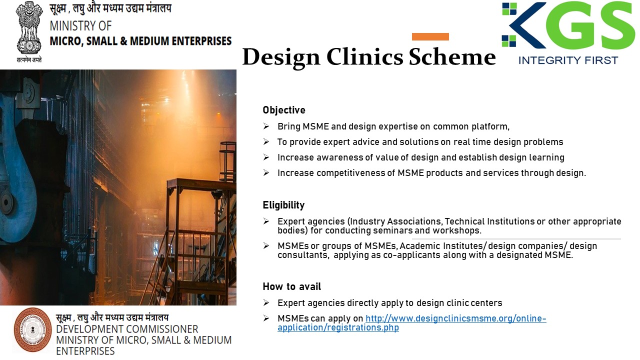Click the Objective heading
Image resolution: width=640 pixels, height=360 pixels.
(283, 110)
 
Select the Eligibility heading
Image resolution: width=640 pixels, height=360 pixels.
(283, 205)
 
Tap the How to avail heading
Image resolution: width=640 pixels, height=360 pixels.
(291, 286)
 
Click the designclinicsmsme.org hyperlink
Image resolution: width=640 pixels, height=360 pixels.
(411, 323)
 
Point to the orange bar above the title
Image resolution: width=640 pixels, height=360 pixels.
(430, 36)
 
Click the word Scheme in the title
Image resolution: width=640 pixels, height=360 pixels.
(452, 57)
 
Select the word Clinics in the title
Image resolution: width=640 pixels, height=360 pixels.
(364, 57)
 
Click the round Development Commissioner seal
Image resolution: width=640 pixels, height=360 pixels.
(33, 329)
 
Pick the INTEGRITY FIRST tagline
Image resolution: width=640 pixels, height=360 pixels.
(568, 60)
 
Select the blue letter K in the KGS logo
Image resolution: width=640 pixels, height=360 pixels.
(527, 25)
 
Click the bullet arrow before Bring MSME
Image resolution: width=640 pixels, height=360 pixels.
(266, 126)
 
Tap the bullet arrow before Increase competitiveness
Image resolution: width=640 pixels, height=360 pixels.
(266, 173)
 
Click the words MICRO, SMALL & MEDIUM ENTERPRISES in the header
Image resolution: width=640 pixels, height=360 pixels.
(140, 41)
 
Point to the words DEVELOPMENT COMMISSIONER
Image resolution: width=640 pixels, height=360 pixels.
(127, 329)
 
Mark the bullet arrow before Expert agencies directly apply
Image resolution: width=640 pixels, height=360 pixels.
(266, 303)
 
